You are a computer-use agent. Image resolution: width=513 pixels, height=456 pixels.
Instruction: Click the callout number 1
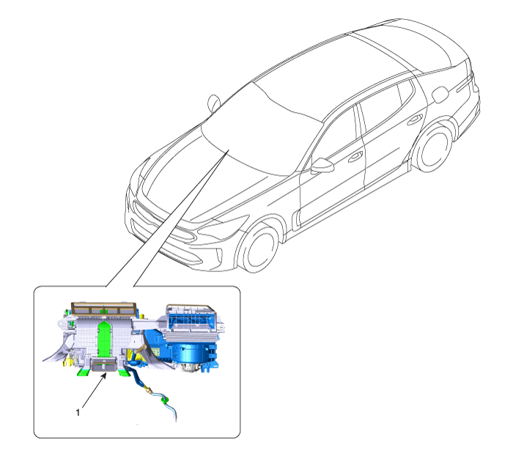coord(78,413)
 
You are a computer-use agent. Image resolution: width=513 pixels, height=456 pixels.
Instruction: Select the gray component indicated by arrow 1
coord(104,365)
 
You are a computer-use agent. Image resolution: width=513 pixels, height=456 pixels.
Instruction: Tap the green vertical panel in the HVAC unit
coord(104,339)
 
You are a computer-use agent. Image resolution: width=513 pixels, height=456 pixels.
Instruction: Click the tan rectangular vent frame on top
coord(103,309)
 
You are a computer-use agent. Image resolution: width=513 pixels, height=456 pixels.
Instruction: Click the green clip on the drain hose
coord(165,400)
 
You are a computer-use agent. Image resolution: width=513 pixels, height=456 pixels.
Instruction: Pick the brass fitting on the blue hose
coord(148,389)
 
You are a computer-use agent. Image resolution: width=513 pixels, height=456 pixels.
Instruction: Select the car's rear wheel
coord(433,150)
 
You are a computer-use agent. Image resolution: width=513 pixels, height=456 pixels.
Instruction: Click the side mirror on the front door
coord(322,165)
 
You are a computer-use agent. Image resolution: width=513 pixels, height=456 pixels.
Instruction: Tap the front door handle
coord(355,157)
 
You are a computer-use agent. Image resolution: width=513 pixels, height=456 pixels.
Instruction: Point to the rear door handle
coord(415,119)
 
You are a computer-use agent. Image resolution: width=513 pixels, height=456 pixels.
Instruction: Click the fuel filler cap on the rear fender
coord(440,95)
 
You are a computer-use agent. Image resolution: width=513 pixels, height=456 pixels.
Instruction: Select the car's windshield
coord(262,131)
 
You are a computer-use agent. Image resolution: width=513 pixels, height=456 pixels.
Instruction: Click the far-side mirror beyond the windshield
coord(214,102)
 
